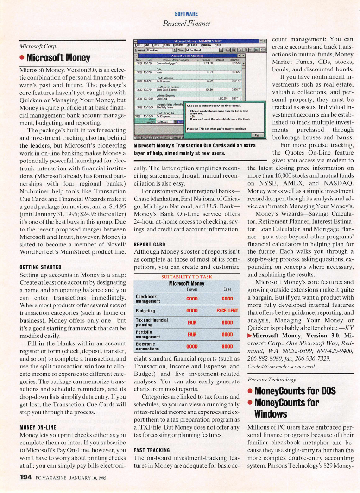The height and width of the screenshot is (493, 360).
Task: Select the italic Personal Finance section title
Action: click(186, 23)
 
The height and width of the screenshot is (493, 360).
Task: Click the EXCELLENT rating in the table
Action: click(227, 310)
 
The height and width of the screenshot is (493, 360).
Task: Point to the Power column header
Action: click(192, 290)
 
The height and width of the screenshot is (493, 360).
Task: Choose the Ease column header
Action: click(227, 290)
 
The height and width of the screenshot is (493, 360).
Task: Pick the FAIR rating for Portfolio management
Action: click(192, 334)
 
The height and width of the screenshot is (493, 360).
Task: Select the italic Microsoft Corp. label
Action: click(38, 47)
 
